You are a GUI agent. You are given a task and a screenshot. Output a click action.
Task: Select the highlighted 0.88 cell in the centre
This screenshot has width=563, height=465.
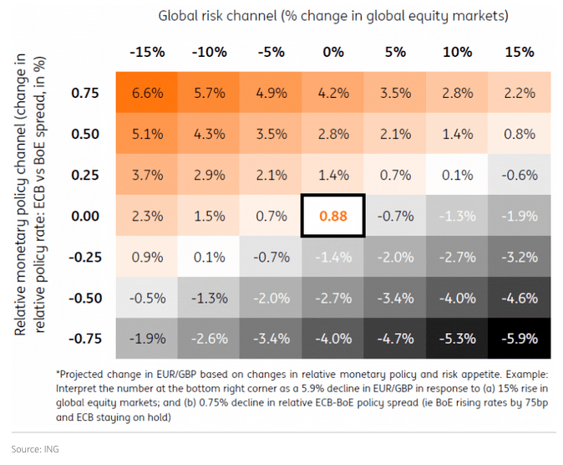(x=333, y=216)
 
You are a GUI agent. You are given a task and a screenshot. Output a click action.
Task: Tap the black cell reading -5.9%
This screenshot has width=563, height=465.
(x=520, y=339)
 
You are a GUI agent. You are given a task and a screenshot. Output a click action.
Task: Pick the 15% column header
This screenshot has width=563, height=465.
(x=520, y=52)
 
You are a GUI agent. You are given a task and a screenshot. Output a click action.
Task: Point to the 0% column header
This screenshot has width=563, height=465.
(x=333, y=52)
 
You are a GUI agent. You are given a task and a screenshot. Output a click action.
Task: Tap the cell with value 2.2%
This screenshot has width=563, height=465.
(x=520, y=93)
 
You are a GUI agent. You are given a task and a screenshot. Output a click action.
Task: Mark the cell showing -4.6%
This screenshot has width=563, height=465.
(x=520, y=298)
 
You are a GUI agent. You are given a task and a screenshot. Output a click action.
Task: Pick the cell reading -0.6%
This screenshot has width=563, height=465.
(x=520, y=175)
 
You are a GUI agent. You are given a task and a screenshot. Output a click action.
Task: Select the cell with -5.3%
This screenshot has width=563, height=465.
(x=457, y=339)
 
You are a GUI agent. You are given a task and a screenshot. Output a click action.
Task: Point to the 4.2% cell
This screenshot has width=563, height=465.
(x=333, y=93)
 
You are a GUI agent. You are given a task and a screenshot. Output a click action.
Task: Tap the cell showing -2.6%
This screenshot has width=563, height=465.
(x=209, y=339)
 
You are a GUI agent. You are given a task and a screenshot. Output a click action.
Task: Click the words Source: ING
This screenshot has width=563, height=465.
(x=35, y=449)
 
